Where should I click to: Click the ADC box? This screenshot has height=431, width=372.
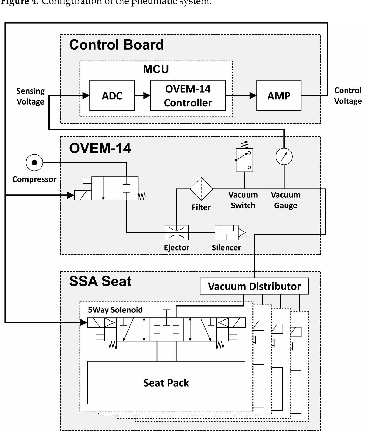point(112,95)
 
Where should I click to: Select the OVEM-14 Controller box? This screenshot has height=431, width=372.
point(188,95)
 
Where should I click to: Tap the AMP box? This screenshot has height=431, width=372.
point(279,95)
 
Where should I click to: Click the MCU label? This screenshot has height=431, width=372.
point(156,69)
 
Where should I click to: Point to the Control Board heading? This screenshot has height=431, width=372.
point(116,45)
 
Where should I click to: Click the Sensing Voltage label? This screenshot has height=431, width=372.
point(30,96)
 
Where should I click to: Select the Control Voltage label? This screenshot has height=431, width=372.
point(348,95)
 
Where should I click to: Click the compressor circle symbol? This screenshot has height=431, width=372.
point(34,163)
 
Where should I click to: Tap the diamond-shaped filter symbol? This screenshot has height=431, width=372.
point(201,189)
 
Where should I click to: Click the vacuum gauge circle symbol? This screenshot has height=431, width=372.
point(284,156)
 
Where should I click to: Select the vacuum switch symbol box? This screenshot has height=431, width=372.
point(244,160)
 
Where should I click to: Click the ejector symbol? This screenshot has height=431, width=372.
point(177,232)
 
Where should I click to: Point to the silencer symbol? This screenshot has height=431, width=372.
point(227,232)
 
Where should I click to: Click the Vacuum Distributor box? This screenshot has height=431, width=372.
point(254,286)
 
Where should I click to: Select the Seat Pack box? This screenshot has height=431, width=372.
point(166,383)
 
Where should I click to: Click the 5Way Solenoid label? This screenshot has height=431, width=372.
point(115,310)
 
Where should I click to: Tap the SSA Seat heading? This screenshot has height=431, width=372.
point(100,281)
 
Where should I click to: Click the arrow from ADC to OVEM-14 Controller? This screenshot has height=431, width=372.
point(142,95)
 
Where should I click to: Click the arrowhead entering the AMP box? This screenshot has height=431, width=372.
point(253,95)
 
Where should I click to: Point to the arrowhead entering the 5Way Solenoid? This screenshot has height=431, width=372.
point(83,322)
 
